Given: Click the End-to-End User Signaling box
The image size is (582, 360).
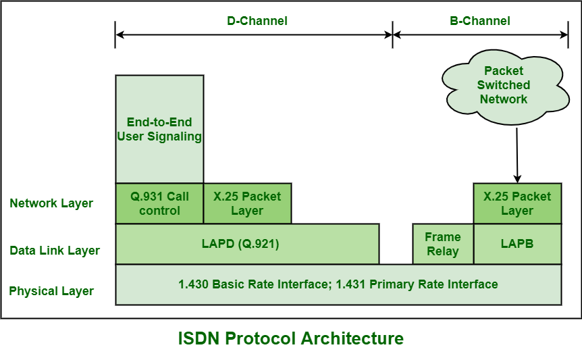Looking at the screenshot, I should pyautogui.click(x=159, y=129).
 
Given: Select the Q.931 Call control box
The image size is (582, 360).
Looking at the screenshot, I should pyautogui.click(x=159, y=203).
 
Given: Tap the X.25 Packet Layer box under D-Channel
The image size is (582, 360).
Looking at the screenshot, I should pyautogui.click(x=247, y=203).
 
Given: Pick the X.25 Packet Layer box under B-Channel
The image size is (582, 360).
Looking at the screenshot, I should pyautogui.click(x=517, y=203).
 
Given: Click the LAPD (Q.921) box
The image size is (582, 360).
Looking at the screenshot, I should pyautogui.click(x=247, y=244).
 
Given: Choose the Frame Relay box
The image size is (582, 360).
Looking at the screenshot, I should pyautogui.click(x=443, y=244).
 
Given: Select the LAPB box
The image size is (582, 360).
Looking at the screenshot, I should pyautogui.click(x=517, y=244).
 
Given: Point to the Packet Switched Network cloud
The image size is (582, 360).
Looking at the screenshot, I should pyautogui.click(x=504, y=85).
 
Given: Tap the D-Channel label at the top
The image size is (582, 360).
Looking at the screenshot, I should pyautogui.click(x=257, y=21).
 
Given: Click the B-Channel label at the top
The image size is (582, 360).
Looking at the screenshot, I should pyautogui.click(x=480, y=21).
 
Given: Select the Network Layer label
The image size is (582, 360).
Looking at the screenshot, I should pyautogui.click(x=51, y=203).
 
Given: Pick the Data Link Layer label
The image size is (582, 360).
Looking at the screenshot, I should pyautogui.click(x=55, y=251).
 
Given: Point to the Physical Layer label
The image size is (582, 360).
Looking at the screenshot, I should pyautogui.click(x=51, y=292).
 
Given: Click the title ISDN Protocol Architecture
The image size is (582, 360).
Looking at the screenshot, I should pyautogui.click(x=290, y=338).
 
